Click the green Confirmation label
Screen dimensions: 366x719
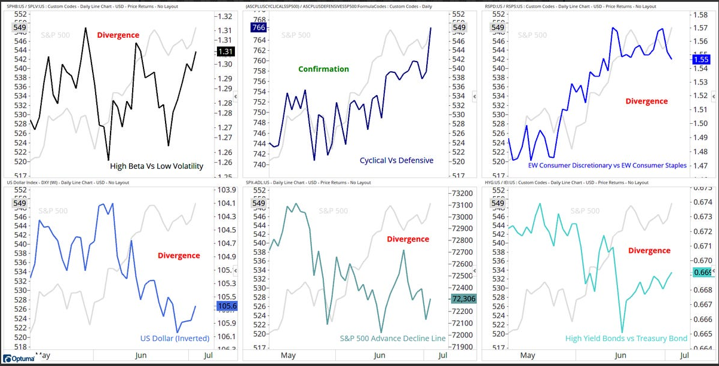(x=324, y=69)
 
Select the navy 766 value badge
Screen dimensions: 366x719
(x=259, y=28)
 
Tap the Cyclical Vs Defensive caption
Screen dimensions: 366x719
(x=396, y=160)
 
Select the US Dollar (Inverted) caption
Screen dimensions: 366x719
(x=175, y=338)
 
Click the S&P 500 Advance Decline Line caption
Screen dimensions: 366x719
(x=393, y=338)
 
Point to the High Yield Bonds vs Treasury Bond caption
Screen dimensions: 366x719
(x=626, y=338)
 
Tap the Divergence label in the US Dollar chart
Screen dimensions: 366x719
(x=179, y=255)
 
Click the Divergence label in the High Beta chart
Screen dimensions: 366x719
(x=118, y=35)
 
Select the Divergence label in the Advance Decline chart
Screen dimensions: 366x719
(x=408, y=239)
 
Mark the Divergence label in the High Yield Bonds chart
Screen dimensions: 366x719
(x=649, y=251)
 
